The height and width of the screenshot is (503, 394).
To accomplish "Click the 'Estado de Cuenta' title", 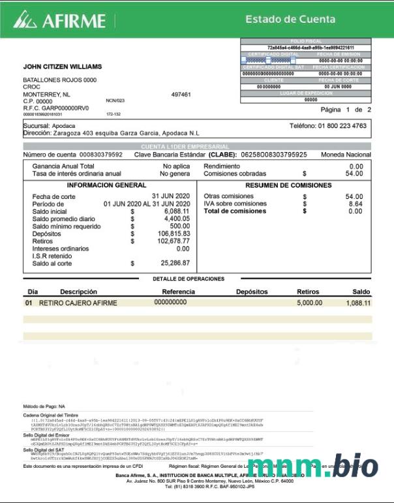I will click(290, 20).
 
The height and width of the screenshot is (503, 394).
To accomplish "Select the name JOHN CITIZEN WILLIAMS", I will click(63, 67).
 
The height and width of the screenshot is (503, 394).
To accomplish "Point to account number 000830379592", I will click(100, 155).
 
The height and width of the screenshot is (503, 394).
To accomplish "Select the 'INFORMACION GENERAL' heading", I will click(106, 185).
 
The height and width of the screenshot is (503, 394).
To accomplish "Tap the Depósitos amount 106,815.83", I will click(171, 233).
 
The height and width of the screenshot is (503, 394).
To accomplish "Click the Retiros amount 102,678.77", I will click(171, 241).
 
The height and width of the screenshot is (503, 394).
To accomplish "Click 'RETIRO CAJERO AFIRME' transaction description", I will click(78, 303).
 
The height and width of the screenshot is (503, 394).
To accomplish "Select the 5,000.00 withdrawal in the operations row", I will click(309, 303).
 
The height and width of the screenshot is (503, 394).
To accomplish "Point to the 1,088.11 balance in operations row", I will click(358, 303).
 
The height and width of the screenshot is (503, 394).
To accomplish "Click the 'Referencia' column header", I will click(179, 292).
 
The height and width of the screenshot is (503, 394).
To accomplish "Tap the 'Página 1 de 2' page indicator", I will click(346, 110).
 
